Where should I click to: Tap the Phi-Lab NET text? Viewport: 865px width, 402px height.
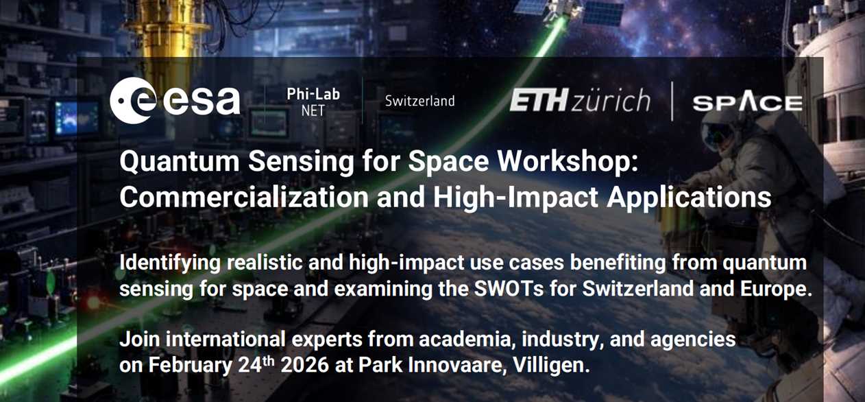click(x=313, y=102)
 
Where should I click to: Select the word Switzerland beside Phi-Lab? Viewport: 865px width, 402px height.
click(x=419, y=102)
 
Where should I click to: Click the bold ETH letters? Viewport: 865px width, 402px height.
click(x=539, y=100)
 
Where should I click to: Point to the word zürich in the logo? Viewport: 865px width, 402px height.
click(x=610, y=100)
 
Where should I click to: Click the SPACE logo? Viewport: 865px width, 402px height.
click(x=747, y=103)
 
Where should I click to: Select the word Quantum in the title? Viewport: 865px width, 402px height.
click(x=180, y=162)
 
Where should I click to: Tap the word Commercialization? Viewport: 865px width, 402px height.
click(x=244, y=197)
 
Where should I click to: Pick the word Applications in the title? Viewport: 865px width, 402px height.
click(x=689, y=198)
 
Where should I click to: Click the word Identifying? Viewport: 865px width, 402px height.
click(x=170, y=263)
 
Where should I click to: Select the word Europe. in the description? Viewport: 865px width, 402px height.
click(x=776, y=289)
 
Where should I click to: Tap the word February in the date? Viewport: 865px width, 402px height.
click(x=191, y=365)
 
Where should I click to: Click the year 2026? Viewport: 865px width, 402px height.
click(x=305, y=364)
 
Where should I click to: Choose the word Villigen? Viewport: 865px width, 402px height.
click(x=551, y=365)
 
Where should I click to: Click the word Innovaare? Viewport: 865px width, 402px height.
click(x=457, y=365)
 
